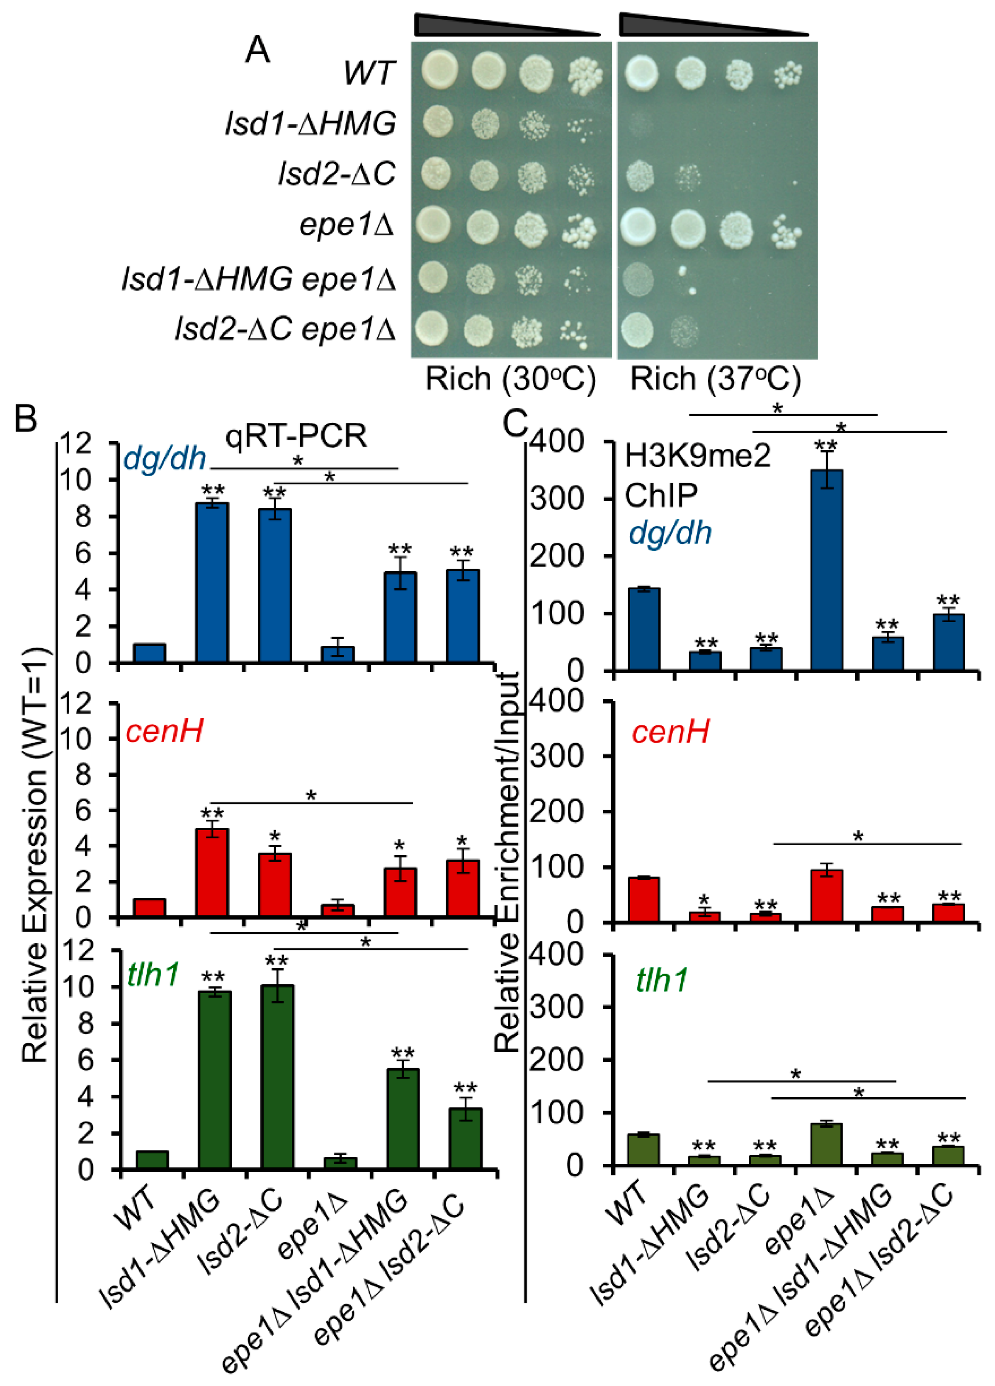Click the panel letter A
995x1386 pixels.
[257, 50]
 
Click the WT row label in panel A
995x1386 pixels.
[370, 73]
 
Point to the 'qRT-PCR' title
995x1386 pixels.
[296, 435]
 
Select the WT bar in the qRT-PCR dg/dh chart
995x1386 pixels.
[150, 653]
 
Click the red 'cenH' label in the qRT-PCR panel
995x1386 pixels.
[164, 731]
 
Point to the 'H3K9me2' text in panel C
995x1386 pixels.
[697, 456]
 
